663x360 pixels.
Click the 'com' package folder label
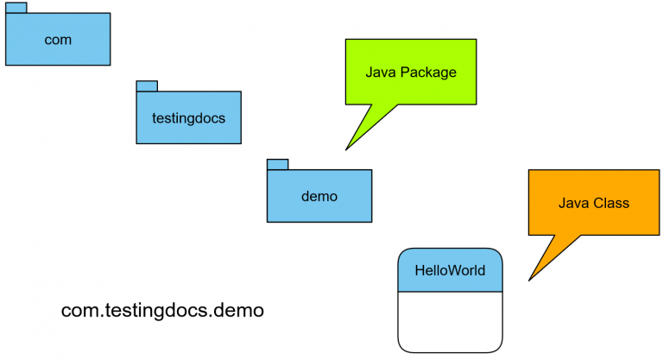(58, 40)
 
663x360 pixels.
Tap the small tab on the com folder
(16, 8)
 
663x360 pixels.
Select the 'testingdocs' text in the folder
(188, 118)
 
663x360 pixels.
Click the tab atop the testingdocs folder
(147, 85)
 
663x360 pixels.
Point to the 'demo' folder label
(319, 196)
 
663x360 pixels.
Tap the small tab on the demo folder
(277, 164)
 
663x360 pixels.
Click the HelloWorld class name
(450, 270)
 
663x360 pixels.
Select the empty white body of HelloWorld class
(450, 320)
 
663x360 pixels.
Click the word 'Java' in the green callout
(382, 73)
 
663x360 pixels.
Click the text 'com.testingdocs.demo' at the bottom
(162, 310)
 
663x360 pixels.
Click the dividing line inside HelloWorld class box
(450, 292)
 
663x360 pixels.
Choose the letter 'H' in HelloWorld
(420, 270)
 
